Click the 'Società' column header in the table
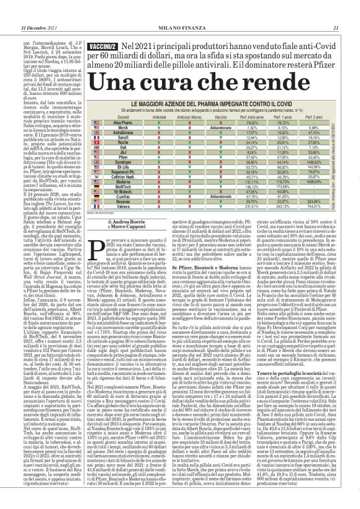coord(123,117)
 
